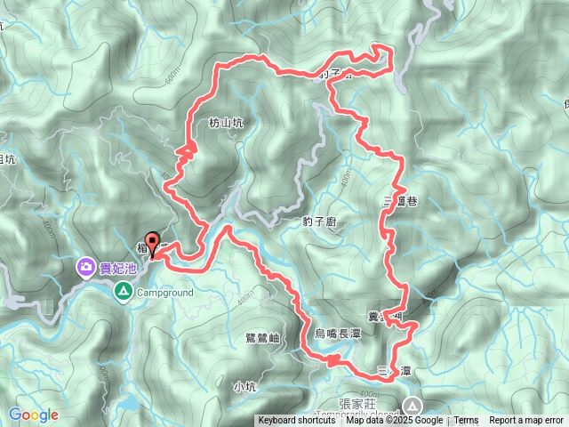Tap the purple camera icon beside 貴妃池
tap(86, 266)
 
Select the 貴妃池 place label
tap(117, 267)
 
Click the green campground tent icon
tap(123, 290)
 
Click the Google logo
tap(33, 415)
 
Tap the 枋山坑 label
tap(225, 124)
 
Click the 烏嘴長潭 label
tap(338, 333)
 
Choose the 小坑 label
tap(244, 386)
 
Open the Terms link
tap(467, 421)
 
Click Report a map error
tap(526, 421)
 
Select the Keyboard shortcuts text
tap(297, 421)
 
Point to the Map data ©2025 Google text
tap(394, 421)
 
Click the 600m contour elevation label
tap(172, 78)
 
